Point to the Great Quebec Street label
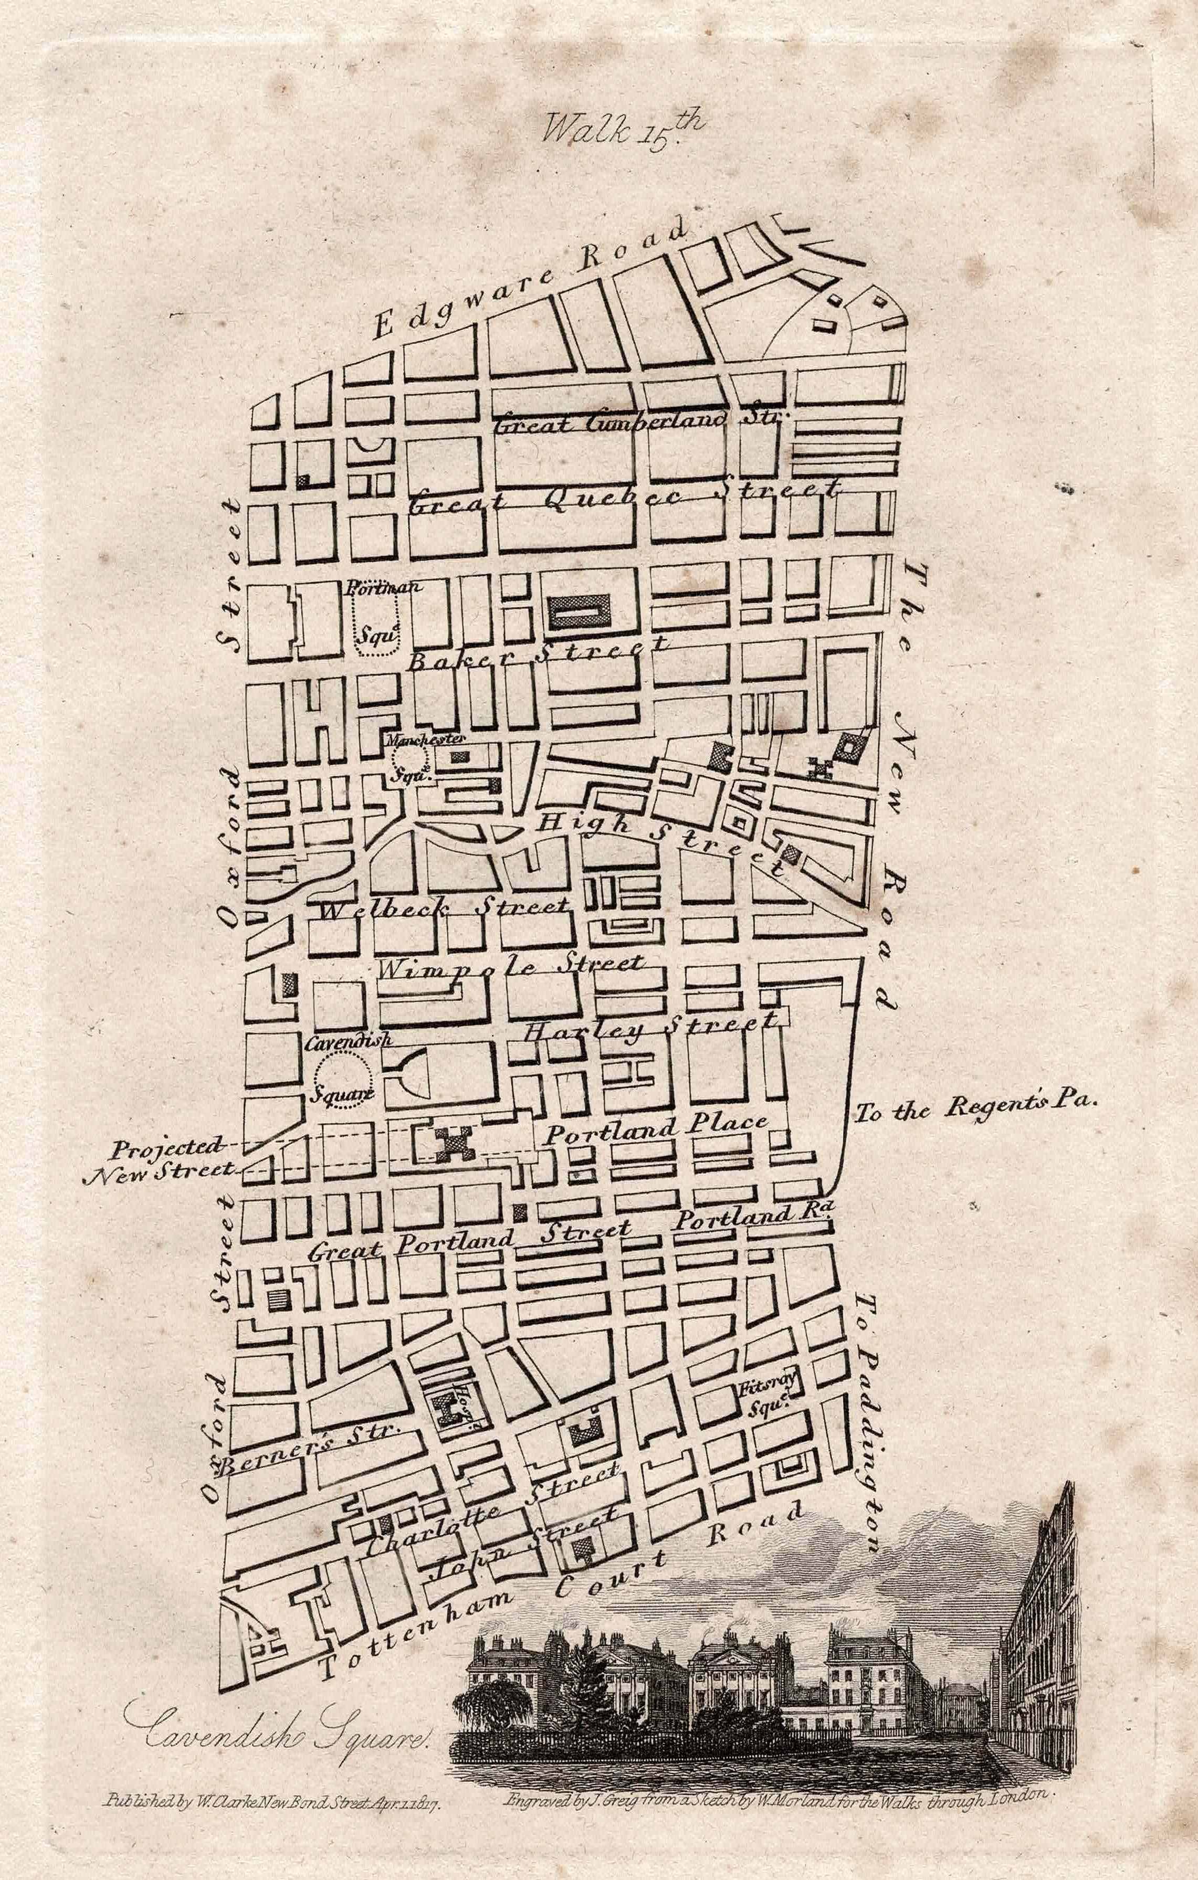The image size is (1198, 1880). coord(625,498)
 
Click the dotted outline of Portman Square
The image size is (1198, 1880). coord(377,628)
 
